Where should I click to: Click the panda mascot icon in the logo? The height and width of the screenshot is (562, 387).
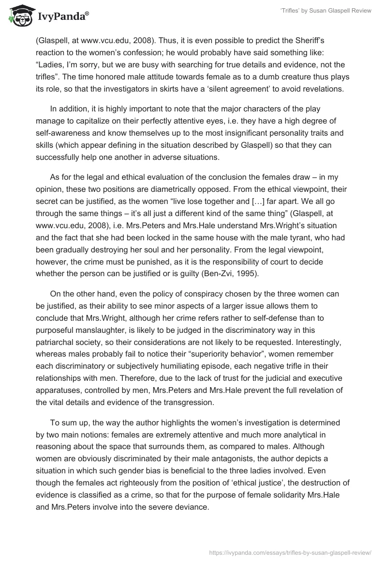point(18,15)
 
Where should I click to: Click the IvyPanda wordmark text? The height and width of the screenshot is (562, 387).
point(63,16)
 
